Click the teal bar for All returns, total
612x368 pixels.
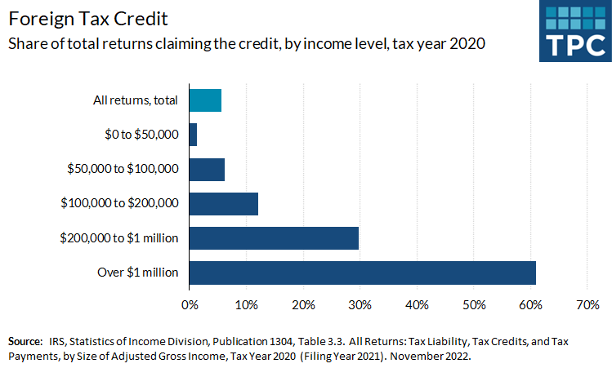pyautogui.click(x=205, y=100)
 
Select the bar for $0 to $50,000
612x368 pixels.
pyautogui.click(x=193, y=135)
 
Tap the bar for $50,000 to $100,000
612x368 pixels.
pyautogui.click(x=207, y=169)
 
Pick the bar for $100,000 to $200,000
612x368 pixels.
pyautogui.click(x=223, y=203)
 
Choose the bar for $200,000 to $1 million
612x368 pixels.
pyautogui.click(x=274, y=237)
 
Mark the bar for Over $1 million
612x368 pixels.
pyautogui.click(x=362, y=272)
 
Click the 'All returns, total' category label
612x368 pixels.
pyautogui.click(x=136, y=100)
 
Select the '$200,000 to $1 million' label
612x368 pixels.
pyautogui.click(x=119, y=237)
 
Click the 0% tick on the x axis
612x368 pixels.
pyautogui.click(x=190, y=305)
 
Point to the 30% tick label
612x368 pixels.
pyautogui.click(x=360, y=305)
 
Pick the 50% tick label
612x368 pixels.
pyautogui.click(x=474, y=305)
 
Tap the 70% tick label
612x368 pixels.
pyautogui.click(x=587, y=305)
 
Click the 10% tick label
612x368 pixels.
pyautogui.click(x=246, y=305)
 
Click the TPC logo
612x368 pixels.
pyautogui.click(x=574, y=32)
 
